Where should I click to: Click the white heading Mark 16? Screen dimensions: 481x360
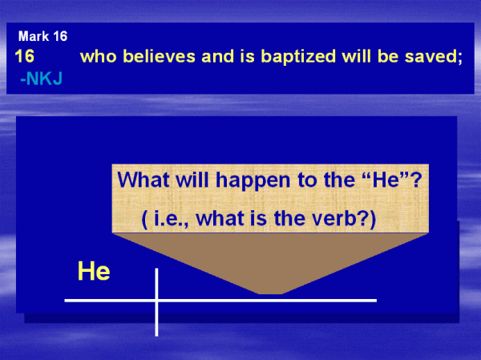(42, 36)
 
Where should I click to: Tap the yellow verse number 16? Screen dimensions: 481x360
(25, 56)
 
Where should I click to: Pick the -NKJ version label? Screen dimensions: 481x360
(42, 79)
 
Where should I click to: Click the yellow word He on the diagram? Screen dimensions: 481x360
(94, 271)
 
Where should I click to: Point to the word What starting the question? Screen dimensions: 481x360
(143, 180)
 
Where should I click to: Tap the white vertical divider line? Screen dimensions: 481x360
(157, 302)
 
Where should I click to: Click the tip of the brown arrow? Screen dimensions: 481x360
(270, 294)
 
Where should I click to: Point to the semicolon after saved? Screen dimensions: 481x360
(459, 59)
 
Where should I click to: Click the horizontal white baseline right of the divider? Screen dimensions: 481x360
(268, 301)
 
